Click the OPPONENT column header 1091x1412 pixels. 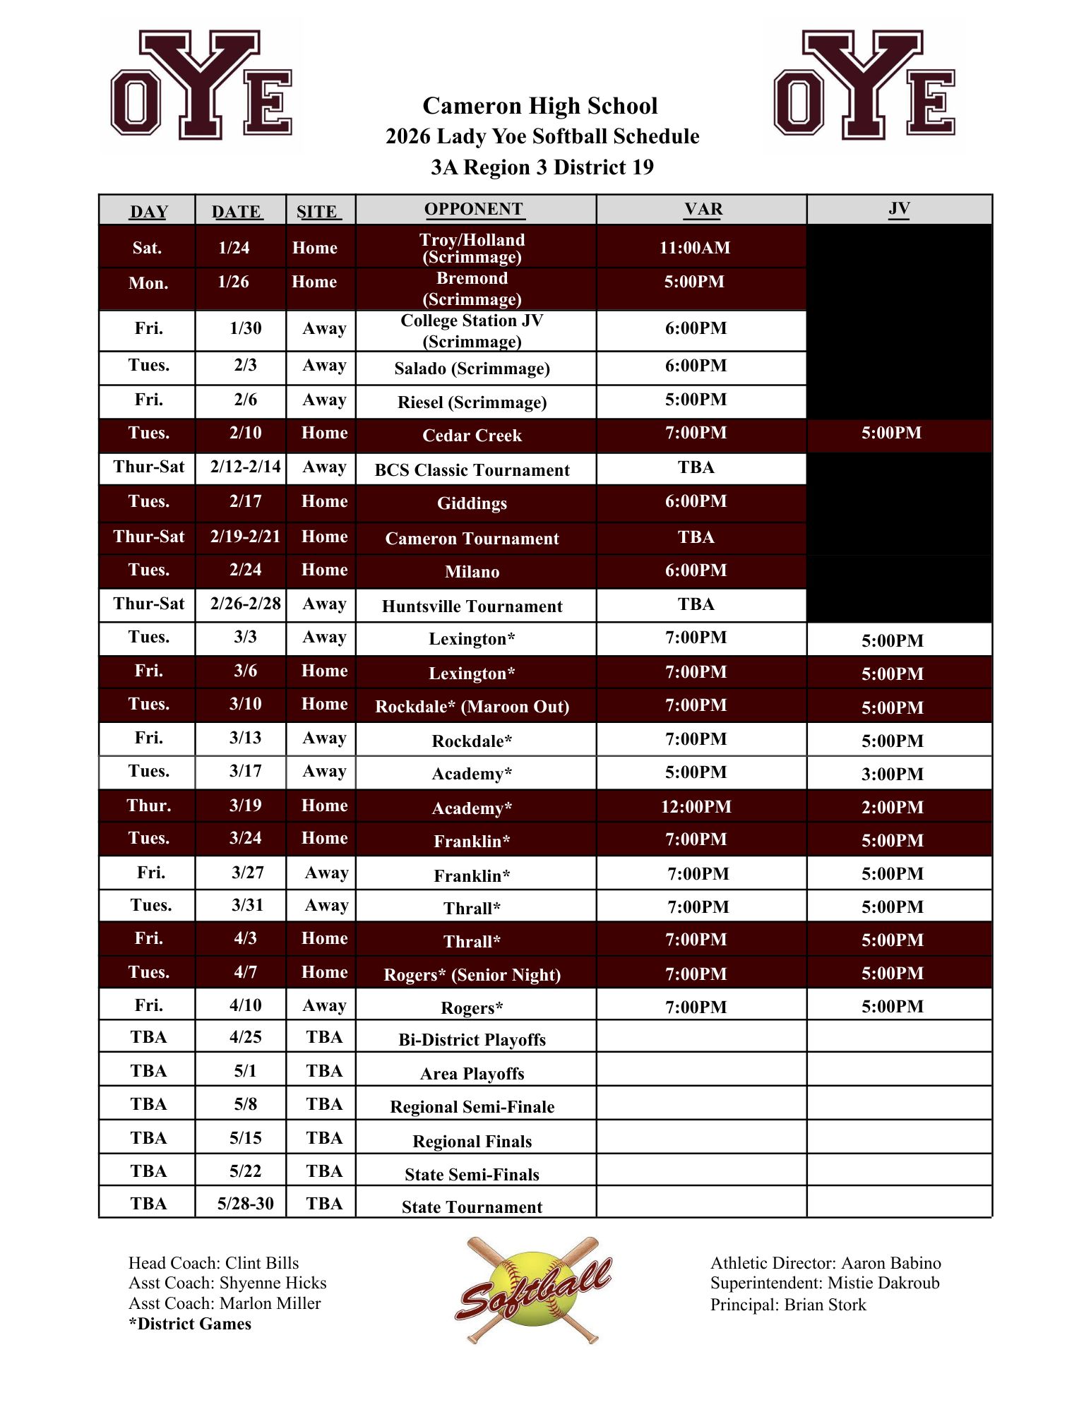click(473, 210)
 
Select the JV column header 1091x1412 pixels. click(898, 209)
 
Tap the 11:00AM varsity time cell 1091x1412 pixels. click(695, 248)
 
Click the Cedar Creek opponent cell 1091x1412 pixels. click(472, 436)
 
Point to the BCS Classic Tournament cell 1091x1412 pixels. click(472, 470)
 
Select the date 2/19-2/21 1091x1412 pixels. click(245, 537)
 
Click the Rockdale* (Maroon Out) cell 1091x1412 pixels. click(472, 707)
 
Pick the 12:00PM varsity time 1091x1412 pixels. click(696, 807)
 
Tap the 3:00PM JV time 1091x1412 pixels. click(892, 774)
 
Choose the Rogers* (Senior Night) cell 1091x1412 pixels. click(472, 975)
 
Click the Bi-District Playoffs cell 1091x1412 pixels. click(472, 1040)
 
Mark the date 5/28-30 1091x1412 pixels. click(245, 1204)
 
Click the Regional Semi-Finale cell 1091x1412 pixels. click(472, 1107)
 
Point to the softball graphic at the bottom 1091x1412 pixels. click(533, 1290)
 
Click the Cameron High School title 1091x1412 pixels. click(540, 106)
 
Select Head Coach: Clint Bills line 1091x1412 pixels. click(213, 1263)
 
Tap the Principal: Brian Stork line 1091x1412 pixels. click(788, 1305)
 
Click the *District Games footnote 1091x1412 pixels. click(190, 1324)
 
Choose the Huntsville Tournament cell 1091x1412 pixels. click(472, 606)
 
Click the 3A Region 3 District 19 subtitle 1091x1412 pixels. click(542, 167)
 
